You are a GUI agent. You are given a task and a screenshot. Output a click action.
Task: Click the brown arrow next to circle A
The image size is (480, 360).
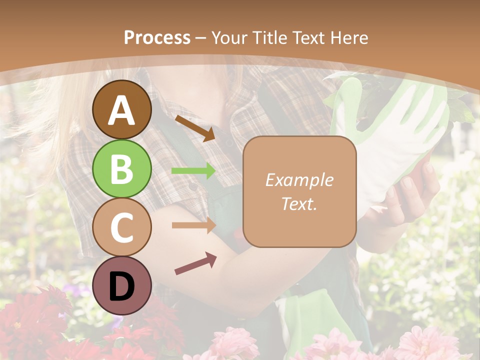click(195, 128)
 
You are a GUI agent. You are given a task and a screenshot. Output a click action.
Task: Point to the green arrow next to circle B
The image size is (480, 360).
click(194, 170)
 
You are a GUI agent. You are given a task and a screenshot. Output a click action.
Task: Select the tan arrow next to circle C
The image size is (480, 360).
click(194, 225)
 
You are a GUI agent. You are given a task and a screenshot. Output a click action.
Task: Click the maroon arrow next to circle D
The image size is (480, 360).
click(195, 263)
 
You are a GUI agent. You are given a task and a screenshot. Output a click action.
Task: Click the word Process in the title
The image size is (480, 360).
click(157, 37)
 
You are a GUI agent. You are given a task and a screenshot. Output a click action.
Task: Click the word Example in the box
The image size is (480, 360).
click(299, 180)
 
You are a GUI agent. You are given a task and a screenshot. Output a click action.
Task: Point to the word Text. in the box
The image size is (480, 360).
click(299, 204)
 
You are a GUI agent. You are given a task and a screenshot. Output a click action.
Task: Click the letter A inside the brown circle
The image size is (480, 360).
click(121, 110)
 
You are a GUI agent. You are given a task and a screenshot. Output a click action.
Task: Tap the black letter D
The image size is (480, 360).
click(121, 286)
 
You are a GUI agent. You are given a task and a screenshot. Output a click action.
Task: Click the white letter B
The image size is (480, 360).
click(121, 169)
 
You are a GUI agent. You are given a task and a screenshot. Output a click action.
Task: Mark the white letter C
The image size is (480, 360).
click(121, 227)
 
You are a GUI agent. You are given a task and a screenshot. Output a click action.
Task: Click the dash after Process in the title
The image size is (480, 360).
click(201, 38)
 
